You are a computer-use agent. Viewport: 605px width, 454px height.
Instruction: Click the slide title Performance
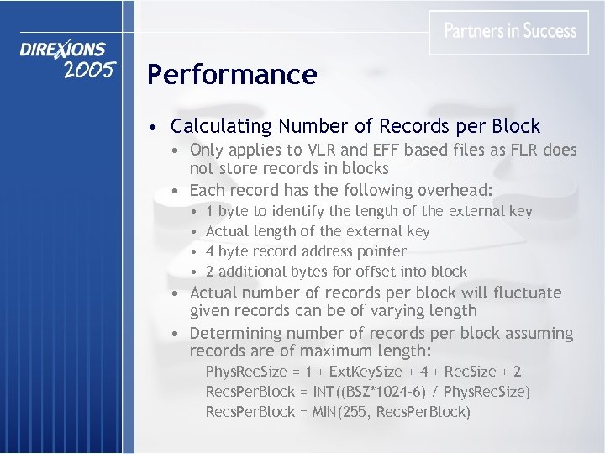[x=232, y=75]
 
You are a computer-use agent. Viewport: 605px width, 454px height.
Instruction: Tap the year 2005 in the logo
[x=88, y=71]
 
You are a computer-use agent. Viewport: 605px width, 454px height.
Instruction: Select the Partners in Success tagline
[x=510, y=31]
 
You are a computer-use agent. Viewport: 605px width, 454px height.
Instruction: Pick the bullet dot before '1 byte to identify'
[x=194, y=212]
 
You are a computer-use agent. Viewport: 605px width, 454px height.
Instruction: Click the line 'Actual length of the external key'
[x=318, y=231]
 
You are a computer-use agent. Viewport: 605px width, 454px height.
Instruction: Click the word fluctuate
[x=527, y=293]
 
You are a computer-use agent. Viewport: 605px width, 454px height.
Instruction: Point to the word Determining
[x=238, y=334]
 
